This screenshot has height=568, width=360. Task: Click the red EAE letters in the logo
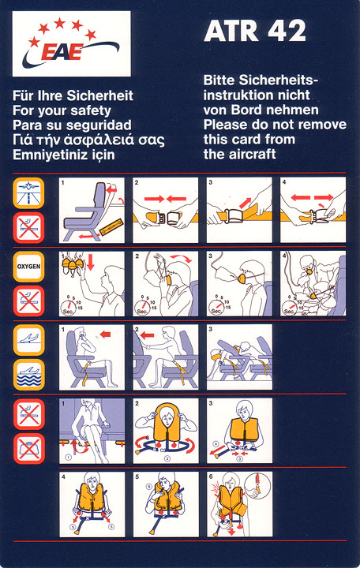pyautogui.click(x=62, y=52)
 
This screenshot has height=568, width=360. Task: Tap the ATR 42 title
pyautogui.click(x=255, y=31)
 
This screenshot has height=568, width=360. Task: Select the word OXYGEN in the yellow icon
pyautogui.click(x=28, y=267)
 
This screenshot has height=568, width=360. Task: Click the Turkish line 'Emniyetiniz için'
pyautogui.click(x=64, y=155)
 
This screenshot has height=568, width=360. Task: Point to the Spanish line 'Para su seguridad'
pyautogui.click(x=72, y=125)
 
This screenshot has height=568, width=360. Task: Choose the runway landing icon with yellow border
pyautogui.click(x=28, y=192)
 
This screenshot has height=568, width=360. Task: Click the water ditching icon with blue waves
pyautogui.click(x=29, y=375)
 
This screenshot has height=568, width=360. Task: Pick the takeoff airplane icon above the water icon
pyautogui.click(x=29, y=340)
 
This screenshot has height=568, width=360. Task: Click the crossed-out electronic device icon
pyautogui.click(x=29, y=448)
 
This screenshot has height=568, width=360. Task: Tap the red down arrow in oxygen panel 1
pyautogui.click(x=90, y=262)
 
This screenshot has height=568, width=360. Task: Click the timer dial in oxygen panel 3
pyautogui.click(x=218, y=307)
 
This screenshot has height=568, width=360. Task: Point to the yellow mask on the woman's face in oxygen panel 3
pyautogui.click(x=242, y=278)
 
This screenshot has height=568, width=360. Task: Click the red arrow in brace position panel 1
pyautogui.click(x=105, y=334)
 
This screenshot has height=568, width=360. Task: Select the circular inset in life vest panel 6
pyautogui.click(x=257, y=487)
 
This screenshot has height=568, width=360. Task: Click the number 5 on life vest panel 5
pyautogui.click(x=137, y=477)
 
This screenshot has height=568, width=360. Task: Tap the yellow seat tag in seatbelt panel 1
pyautogui.click(x=111, y=227)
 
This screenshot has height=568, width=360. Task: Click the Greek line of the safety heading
pyautogui.click(x=88, y=140)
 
